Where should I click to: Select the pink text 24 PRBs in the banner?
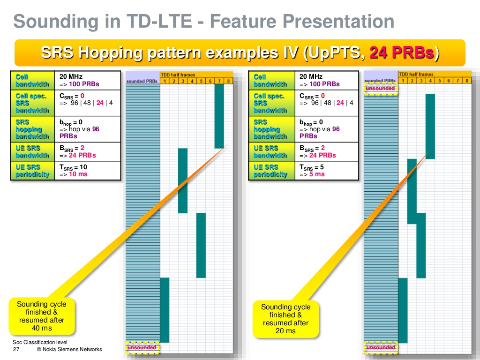(402, 52)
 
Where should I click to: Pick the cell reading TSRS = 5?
(326, 171)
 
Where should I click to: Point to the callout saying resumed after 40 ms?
(42, 316)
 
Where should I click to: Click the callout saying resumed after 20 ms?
(285, 319)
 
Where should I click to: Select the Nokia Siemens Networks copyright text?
(69, 350)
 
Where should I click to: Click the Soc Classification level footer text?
(40, 342)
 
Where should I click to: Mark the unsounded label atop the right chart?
(380, 88)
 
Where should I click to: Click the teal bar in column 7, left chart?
(219, 116)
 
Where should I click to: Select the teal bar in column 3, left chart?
(183, 180)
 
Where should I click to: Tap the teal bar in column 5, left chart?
(201, 245)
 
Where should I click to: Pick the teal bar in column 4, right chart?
(430, 126)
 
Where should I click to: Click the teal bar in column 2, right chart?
(412, 191)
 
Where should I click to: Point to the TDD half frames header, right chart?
(416, 74)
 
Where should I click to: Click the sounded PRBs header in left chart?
(142, 81)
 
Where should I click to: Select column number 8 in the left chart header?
(228, 81)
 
